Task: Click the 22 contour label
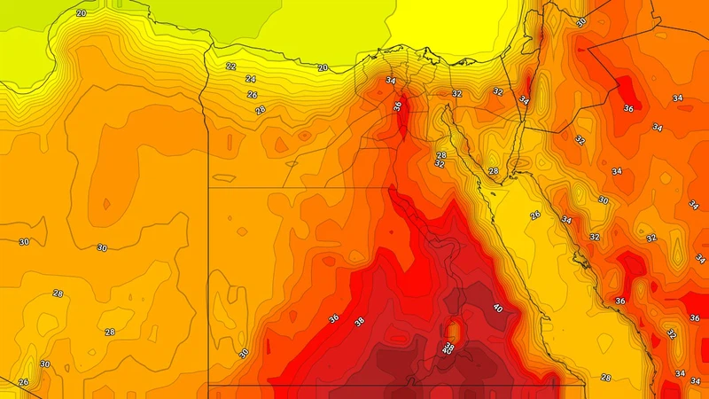230,66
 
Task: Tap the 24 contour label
251,79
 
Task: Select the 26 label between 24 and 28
252,95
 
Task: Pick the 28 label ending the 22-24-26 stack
260,110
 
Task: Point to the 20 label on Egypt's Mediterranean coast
323,67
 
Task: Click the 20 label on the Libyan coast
82,13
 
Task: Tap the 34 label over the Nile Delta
391,81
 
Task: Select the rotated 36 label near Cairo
398,106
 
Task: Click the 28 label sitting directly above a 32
441,155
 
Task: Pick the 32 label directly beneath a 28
440,164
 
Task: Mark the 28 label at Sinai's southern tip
494,171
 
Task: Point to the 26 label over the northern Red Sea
535,215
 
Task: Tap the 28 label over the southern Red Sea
606,378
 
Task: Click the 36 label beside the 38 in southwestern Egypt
333,319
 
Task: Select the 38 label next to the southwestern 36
359,322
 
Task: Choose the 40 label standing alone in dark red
497,309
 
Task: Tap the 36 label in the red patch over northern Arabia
628,109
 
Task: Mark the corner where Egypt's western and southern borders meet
209,385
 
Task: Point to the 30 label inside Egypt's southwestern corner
245,354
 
